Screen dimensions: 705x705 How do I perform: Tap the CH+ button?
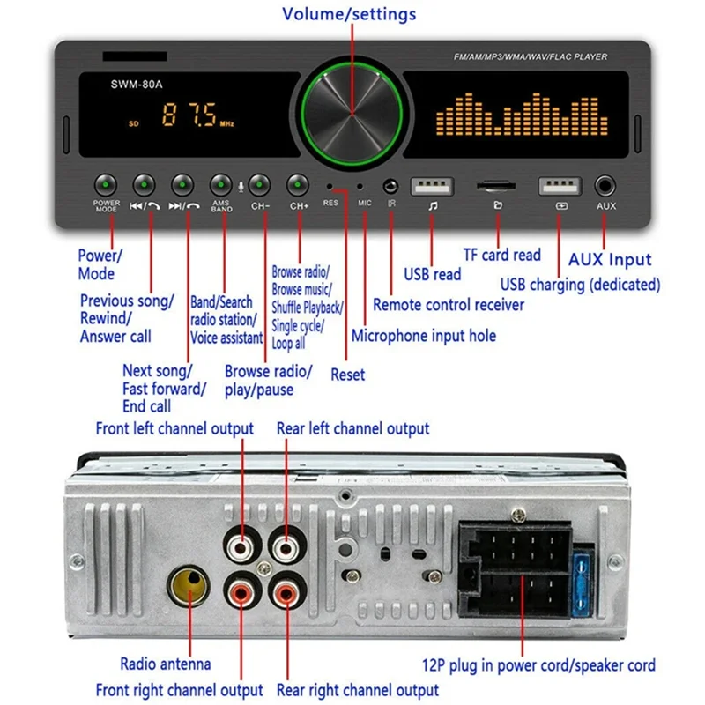tap(299, 184)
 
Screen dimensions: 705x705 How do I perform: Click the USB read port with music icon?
tap(432, 186)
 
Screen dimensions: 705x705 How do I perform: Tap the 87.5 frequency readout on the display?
tap(187, 116)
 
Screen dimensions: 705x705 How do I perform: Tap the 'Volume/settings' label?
tap(349, 14)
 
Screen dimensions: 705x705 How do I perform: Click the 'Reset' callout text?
tap(347, 375)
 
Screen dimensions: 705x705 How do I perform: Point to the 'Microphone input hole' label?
tap(423, 336)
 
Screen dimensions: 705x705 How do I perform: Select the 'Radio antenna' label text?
tap(166, 664)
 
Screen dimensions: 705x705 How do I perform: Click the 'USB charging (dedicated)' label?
tap(580, 285)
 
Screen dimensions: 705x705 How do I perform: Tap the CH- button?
tap(258, 184)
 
